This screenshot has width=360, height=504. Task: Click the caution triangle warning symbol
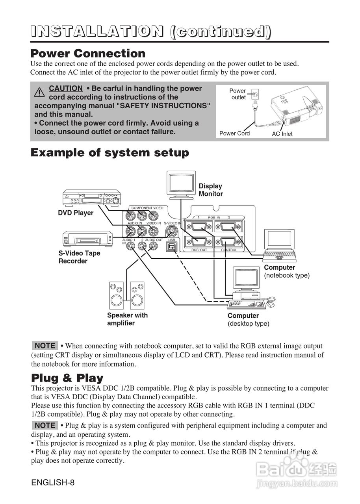tap(39, 93)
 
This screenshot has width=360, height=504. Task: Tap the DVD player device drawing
tap(92, 198)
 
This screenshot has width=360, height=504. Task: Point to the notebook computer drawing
tap(279, 245)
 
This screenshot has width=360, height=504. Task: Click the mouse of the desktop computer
tap(271, 304)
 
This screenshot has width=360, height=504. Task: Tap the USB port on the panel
tap(171, 246)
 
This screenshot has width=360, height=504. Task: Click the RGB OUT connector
tap(199, 243)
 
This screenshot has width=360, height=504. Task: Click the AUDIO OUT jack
tap(153, 246)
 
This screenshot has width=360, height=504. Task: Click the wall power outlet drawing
tap(256, 94)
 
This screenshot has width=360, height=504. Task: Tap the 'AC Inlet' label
tap(282, 134)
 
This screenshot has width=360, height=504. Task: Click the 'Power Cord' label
tap(234, 133)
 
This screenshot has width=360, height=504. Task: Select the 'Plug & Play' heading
tap(67, 378)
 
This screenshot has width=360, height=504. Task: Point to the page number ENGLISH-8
tap(53, 482)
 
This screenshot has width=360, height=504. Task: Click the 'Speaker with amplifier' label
tap(127, 319)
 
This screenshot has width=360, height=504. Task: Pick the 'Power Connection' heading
tap(88, 53)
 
